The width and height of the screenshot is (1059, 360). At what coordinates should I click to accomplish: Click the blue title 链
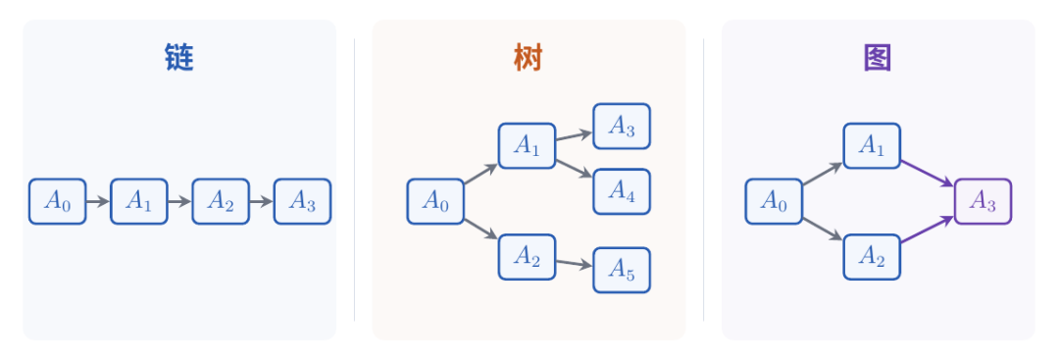179,58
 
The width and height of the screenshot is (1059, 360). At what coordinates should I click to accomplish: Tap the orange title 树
529,58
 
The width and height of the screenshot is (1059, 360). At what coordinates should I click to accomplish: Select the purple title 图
878,58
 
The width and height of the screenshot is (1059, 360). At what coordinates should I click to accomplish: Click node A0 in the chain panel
58,201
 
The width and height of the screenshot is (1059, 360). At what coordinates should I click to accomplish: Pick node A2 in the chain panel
221,201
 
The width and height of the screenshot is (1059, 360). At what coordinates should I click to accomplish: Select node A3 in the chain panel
303,201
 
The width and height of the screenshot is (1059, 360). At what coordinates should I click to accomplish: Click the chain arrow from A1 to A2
179,201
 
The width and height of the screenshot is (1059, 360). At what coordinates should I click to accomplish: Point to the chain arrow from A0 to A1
98,201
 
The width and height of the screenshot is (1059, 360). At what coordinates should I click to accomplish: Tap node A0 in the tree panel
435,201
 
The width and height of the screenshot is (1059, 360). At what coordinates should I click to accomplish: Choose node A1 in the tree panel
527,146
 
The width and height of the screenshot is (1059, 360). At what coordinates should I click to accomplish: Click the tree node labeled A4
622,191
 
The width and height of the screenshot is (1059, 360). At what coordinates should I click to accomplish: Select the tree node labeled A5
622,270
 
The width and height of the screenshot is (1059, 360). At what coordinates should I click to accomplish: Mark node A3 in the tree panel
622,127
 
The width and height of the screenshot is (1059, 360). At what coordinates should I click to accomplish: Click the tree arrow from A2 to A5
574,264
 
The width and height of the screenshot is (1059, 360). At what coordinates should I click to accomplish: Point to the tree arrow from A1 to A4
574,169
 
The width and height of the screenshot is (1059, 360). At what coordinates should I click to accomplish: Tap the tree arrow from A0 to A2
480,229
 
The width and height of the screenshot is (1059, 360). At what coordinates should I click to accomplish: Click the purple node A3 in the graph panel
983,201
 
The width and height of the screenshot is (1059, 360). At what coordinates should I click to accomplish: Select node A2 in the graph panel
872,257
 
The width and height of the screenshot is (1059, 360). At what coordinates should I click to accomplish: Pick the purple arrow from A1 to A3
928,174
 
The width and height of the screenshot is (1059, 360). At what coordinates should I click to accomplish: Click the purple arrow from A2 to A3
928,229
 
